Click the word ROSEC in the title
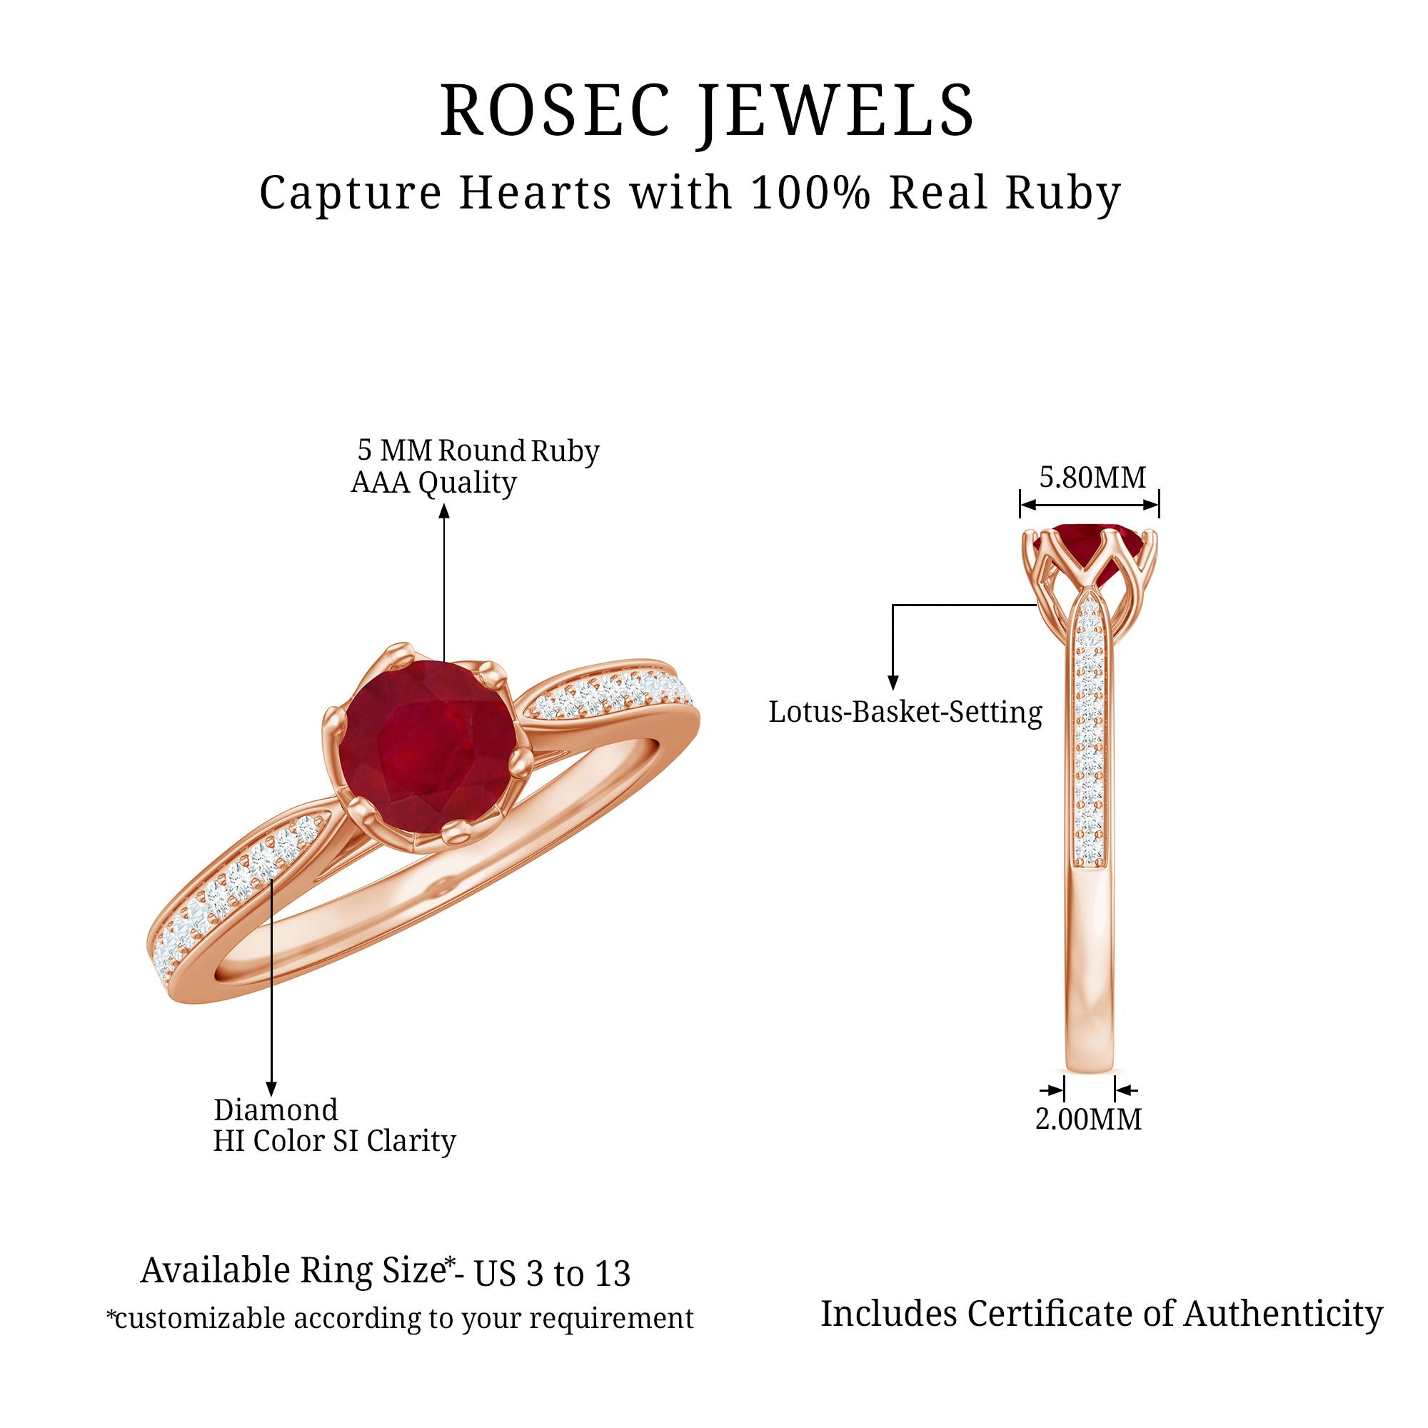coord(554,111)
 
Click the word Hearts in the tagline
coord(535,193)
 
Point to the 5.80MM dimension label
coord(1092,478)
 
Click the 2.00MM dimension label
coord(1088,1119)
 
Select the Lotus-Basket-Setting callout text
coord(905,712)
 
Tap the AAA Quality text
coord(433,483)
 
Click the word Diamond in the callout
coord(276,1110)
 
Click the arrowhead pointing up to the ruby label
coord(443,511)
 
